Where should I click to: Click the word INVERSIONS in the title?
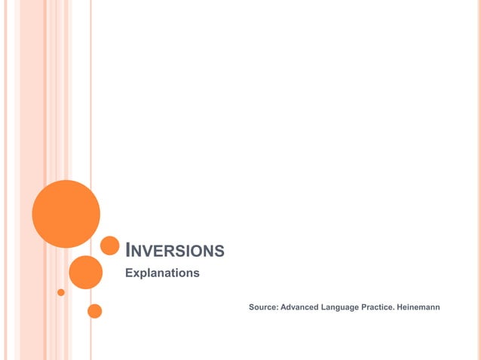pyautogui.click(x=174, y=251)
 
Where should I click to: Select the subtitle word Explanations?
pyautogui.click(x=162, y=273)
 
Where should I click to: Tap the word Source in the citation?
pyautogui.click(x=262, y=307)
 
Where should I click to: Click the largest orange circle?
pyautogui.click(x=66, y=214)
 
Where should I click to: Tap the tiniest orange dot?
pyautogui.click(x=61, y=292)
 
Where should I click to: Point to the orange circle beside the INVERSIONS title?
pyautogui.click(x=110, y=246)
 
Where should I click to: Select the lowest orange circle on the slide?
pyautogui.click(x=94, y=311)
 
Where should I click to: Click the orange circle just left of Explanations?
pyautogui.click(x=85, y=272)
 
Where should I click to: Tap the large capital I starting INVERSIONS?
pyautogui.click(x=127, y=250)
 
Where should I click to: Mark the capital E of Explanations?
pyautogui.click(x=128, y=273)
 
